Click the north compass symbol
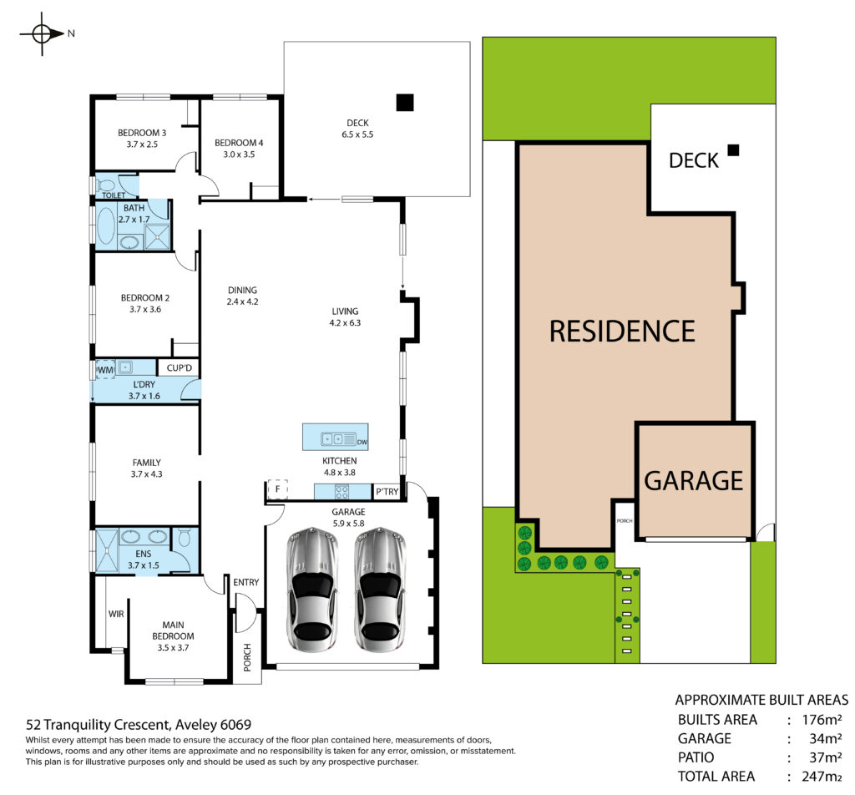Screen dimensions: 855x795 43,33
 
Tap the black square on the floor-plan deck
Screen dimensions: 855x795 405,102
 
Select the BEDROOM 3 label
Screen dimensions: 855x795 142,133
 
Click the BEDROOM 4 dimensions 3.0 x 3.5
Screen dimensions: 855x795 239,154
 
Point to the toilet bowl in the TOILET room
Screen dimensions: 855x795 108,185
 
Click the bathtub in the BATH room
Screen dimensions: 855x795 105,225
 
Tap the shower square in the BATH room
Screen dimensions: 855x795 158,237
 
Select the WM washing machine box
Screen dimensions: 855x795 104,370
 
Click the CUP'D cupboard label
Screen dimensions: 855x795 180,368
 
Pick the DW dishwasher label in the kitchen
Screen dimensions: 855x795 362,443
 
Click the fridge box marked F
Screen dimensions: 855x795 277,489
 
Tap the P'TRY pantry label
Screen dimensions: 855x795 387,491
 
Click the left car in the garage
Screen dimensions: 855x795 312,590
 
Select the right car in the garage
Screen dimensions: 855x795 380,590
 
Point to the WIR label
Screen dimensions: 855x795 116,614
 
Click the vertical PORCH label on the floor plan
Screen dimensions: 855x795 247,657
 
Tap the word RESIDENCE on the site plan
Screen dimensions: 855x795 622,332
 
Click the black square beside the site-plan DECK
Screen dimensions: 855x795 733,150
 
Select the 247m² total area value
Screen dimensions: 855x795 822,776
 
